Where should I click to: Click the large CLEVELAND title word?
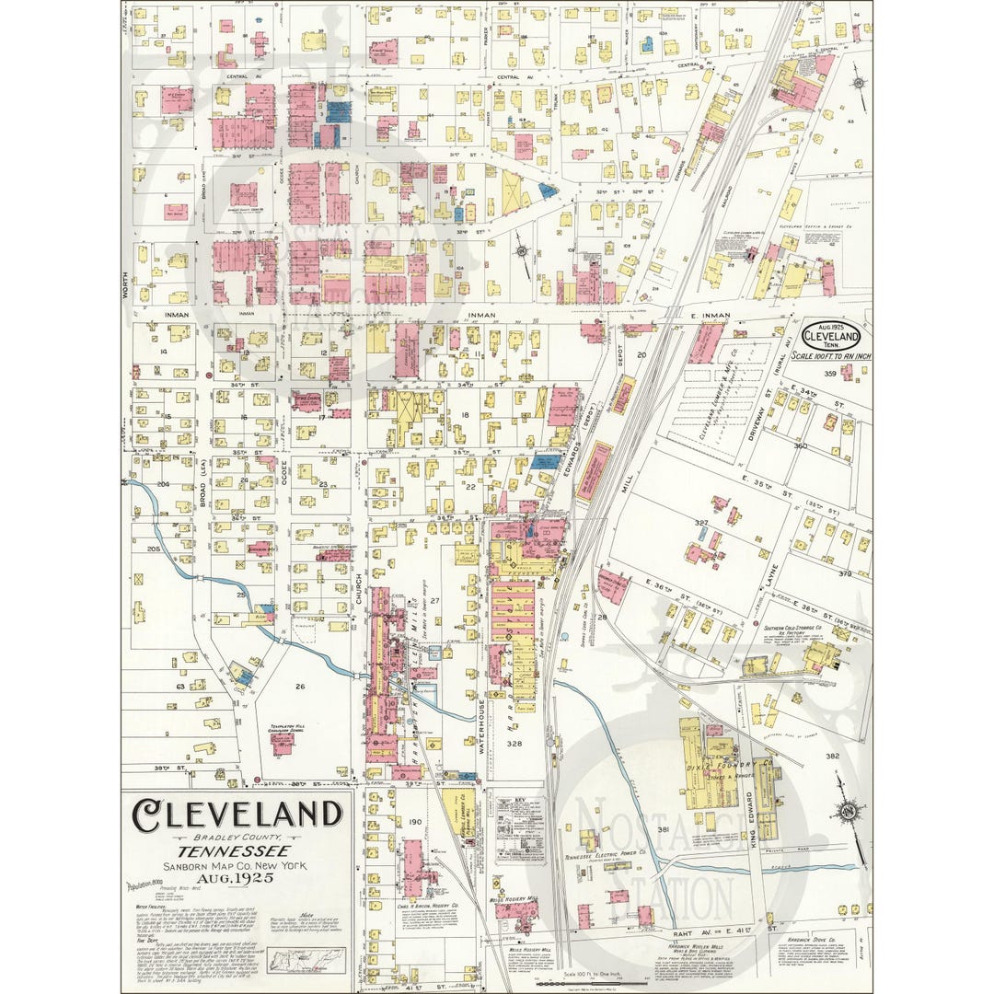point(237,815)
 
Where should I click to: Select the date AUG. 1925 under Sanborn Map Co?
point(237,881)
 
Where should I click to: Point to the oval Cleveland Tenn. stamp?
point(830,336)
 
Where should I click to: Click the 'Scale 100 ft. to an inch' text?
point(830,356)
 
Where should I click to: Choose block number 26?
point(299,687)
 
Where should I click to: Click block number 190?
point(414,822)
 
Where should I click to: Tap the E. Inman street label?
point(709,316)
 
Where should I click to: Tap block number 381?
point(662,830)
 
